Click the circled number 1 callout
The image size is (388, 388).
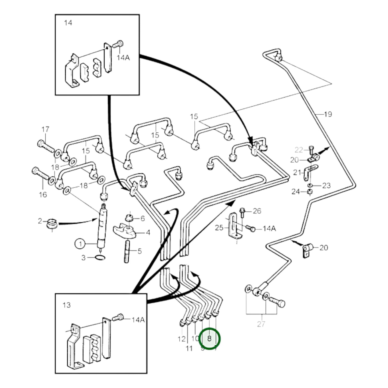(x=80, y=244)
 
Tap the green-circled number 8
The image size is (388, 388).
(x=209, y=339)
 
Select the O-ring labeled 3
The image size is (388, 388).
(x=100, y=258)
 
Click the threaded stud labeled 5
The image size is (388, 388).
(x=127, y=252)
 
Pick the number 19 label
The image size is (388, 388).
(x=328, y=114)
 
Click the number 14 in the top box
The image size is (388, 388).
(x=68, y=23)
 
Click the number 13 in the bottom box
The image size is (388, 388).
(x=67, y=305)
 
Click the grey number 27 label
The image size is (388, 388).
(x=261, y=324)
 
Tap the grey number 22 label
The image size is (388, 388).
(x=299, y=150)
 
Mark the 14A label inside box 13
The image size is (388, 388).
(x=138, y=320)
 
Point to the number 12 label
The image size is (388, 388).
(x=182, y=339)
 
